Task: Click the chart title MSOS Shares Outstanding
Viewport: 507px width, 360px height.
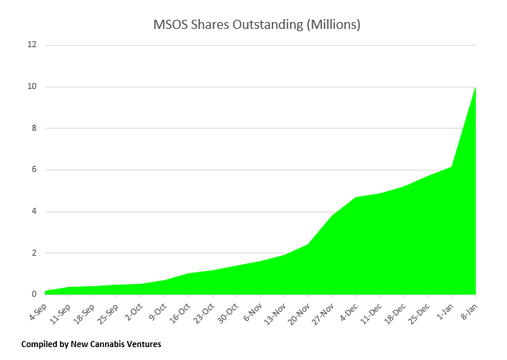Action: [x=257, y=25]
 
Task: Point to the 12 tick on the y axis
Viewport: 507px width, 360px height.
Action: [x=32, y=45]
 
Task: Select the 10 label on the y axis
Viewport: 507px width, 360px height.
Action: [x=32, y=87]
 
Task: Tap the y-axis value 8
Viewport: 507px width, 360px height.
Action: [x=33, y=128]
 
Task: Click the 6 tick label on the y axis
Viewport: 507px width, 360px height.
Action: [x=33, y=170]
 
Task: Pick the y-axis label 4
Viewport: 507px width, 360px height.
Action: [x=33, y=212]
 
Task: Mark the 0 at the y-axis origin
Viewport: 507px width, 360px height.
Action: [x=33, y=295]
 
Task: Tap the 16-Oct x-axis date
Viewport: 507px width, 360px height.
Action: [x=180, y=311]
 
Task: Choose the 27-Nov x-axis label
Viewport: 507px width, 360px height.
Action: [x=324, y=311]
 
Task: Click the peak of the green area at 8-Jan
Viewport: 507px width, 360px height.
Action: [x=476, y=88]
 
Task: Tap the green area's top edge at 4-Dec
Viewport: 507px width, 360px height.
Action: [x=356, y=198]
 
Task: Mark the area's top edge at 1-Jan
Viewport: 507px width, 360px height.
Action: [x=452, y=167]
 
